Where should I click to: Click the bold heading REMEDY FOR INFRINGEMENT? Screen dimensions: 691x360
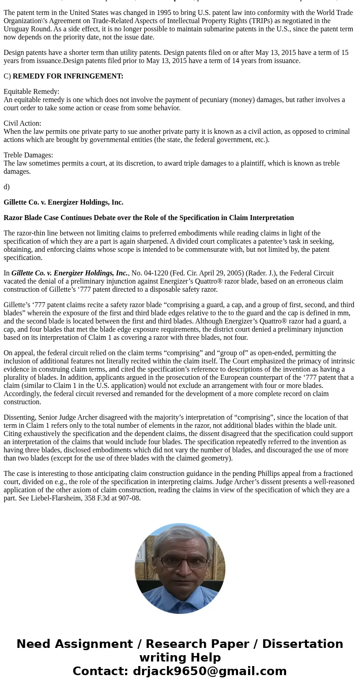tap(68, 76)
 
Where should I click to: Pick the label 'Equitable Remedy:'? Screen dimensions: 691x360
tap(31, 91)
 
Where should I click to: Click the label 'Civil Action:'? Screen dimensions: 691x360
tap(22, 123)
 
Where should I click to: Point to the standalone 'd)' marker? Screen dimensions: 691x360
tap(6, 186)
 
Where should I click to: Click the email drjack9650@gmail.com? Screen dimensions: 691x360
tap(209, 671)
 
